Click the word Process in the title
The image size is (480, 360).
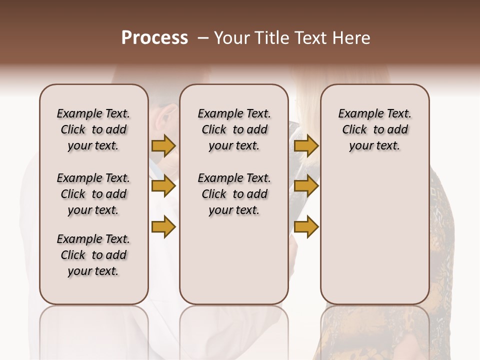tap(154, 38)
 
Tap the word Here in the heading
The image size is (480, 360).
tap(350, 38)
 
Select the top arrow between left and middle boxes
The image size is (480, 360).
tap(163, 146)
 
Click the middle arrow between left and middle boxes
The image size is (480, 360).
tap(163, 186)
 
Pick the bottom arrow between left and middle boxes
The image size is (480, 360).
tap(163, 227)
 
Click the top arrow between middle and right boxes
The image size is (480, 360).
tap(306, 146)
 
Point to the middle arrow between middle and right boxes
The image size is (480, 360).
tap(306, 186)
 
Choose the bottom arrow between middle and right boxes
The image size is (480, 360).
tap(306, 227)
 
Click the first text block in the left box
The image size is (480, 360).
tap(93, 129)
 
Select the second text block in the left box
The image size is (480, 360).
tap(93, 194)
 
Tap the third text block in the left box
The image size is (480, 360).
tap(93, 255)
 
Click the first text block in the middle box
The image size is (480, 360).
tap(234, 129)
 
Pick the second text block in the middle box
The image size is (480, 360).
tap(234, 194)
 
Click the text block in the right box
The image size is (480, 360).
tap(375, 129)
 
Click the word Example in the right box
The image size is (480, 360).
tap(357, 114)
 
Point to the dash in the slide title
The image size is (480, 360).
tap(202, 38)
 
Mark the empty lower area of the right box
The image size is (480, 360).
tap(375, 235)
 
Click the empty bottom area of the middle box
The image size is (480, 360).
tap(234, 265)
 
